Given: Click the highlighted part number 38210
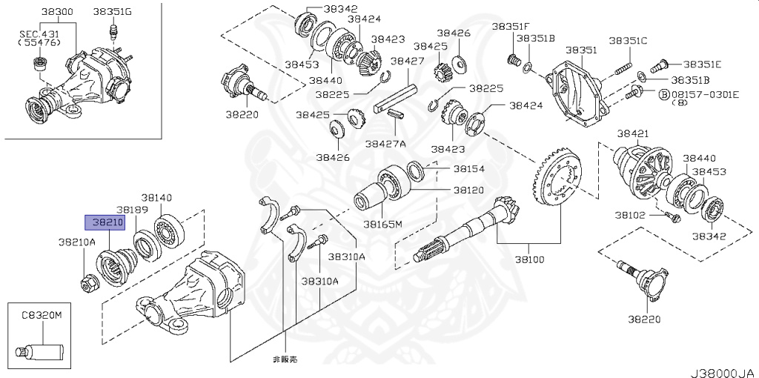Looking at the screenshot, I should [105, 222].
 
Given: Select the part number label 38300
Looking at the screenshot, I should [57, 13].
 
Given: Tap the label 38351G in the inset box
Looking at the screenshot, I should [113, 13].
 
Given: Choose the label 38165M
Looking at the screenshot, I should [382, 223].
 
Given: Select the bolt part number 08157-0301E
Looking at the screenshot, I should [705, 94].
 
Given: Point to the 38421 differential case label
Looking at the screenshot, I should [632, 133].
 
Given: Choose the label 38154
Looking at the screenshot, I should [468, 169].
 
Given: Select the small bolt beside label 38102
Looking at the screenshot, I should [673, 217].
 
